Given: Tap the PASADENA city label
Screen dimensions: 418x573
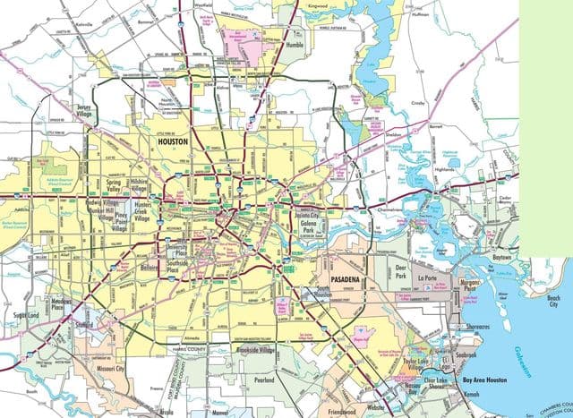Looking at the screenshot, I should [346, 281].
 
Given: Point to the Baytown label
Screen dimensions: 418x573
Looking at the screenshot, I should [501, 257].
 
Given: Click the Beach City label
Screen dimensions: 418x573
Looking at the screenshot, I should [552, 301].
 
